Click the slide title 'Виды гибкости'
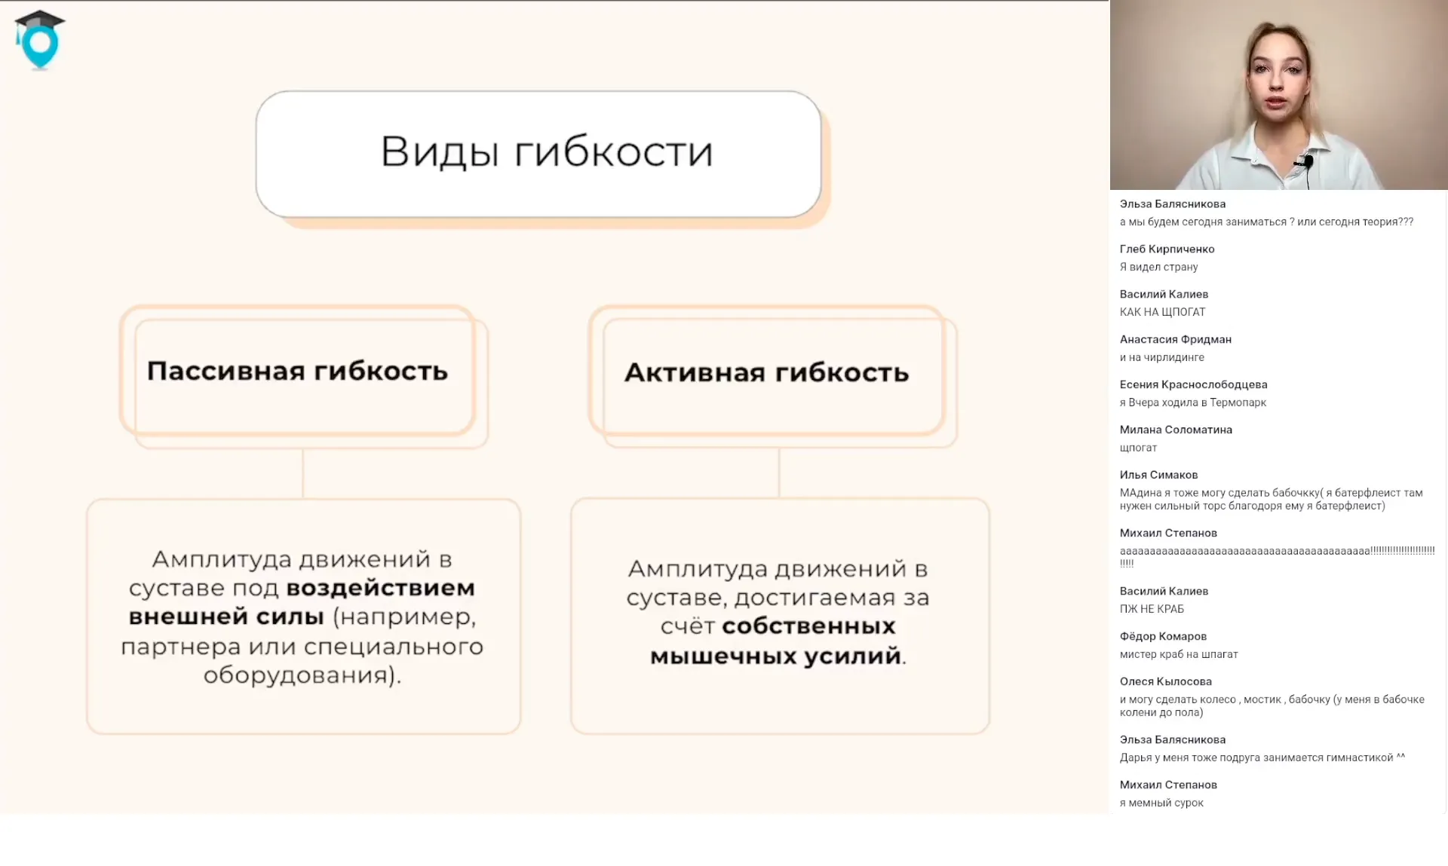[x=546, y=152]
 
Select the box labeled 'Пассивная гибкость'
[x=297, y=372]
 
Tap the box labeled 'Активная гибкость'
[x=766, y=373]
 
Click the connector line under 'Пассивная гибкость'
[x=302, y=473]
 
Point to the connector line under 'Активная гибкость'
[x=778, y=473]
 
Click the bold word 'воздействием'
[x=381, y=588]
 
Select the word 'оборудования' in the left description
[x=298, y=675]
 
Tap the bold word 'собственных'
[x=808, y=626]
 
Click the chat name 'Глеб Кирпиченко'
[x=1167, y=249]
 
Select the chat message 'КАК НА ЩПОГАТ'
[x=1162, y=312]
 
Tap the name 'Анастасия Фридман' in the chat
[x=1175, y=340]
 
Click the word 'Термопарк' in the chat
[x=1238, y=402]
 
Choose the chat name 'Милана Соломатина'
[x=1176, y=430]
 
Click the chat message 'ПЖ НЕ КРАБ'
[x=1152, y=609]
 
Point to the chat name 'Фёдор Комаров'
[x=1163, y=637]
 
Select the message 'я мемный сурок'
[x=1161, y=803]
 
